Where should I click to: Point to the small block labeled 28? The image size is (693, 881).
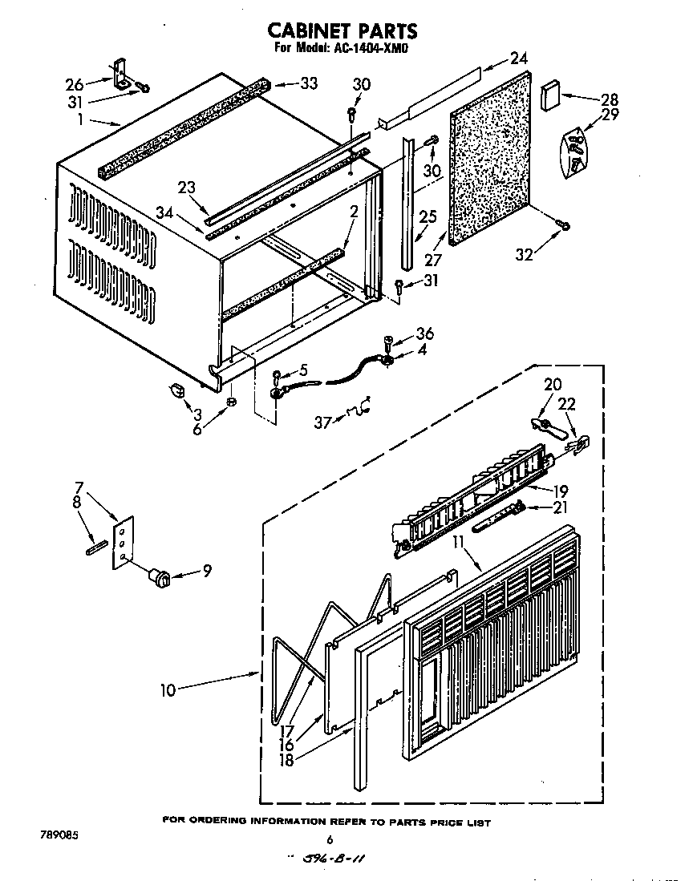coord(550,95)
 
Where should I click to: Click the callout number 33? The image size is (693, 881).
coord(307,83)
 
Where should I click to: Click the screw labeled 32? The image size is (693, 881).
coord(566,226)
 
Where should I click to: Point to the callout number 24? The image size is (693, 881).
coord(518,58)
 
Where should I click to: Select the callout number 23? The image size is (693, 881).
coord(187,188)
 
